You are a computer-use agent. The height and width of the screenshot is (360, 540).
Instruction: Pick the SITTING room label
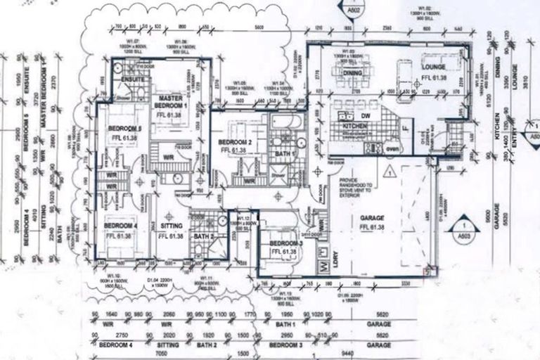(170, 226)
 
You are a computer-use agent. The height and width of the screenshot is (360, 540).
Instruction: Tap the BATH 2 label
(206, 236)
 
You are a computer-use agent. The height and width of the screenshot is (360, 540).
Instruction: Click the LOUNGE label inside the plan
(430, 65)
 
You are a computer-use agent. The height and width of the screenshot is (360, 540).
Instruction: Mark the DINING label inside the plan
(352, 72)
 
